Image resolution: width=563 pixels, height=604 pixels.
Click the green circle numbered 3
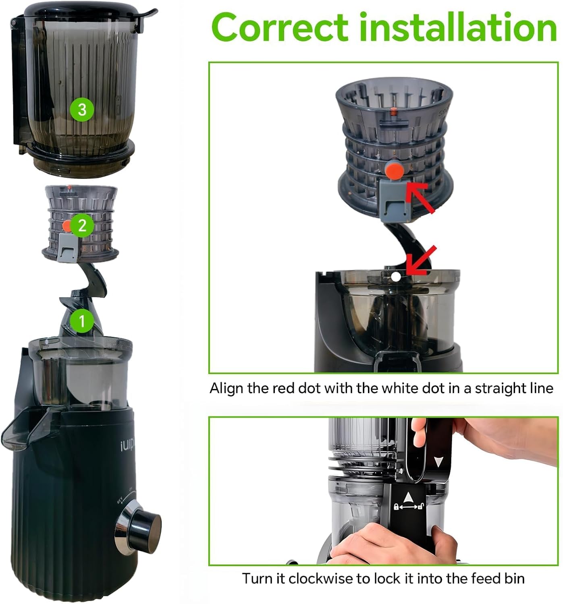pyautogui.click(x=82, y=109)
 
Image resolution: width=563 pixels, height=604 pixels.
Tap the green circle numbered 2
pyautogui.click(x=82, y=225)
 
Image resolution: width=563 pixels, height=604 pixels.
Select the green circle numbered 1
pyautogui.click(x=82, y=321)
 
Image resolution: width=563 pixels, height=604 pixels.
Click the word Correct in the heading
pyautogui.click(x=279, y=27)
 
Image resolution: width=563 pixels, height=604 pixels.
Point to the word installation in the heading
pyautogui.click(x=458, y=27)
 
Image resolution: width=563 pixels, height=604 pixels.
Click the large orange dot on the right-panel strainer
pyautogui.click(x=394, y=171)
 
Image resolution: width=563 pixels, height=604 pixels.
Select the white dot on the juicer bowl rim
pyautogui.click(x=396, y=277)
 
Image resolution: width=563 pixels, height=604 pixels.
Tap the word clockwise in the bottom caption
pyautogui.click(x=321, y=579)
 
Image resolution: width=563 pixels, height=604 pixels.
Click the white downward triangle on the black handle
pyautogui.click(x=438, y=461)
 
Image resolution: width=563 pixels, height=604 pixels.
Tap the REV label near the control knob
pyautogui.click(x=120, y=502)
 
